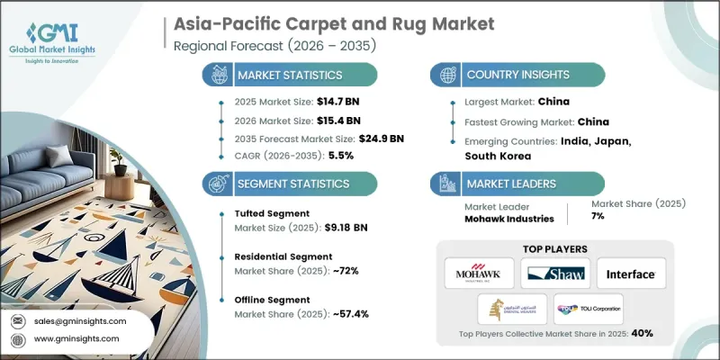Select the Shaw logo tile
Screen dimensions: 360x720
point(554,273)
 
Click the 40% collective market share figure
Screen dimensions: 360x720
point(642,334)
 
